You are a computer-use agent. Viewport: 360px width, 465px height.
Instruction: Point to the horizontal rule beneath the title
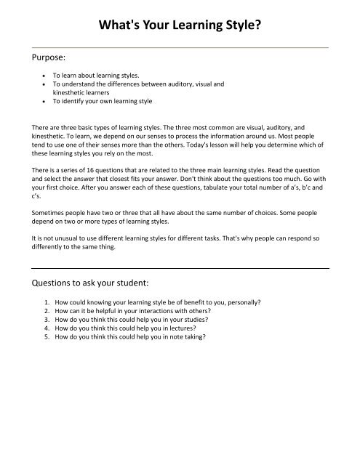coord(180,46)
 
